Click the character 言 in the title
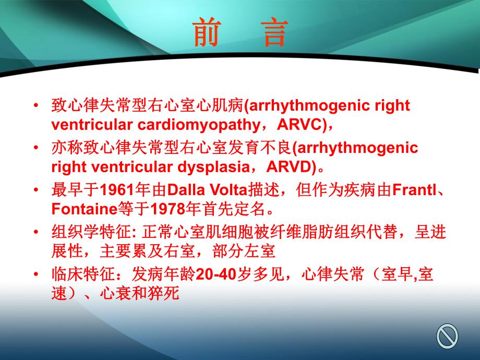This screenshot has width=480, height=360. tap(271, 33)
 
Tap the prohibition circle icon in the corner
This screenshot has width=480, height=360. tap(447, 335)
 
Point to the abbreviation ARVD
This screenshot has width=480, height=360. tap(291, 167)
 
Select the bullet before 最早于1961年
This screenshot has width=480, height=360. tap(35, 189)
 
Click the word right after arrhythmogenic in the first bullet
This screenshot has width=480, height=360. tap(392, 106)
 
